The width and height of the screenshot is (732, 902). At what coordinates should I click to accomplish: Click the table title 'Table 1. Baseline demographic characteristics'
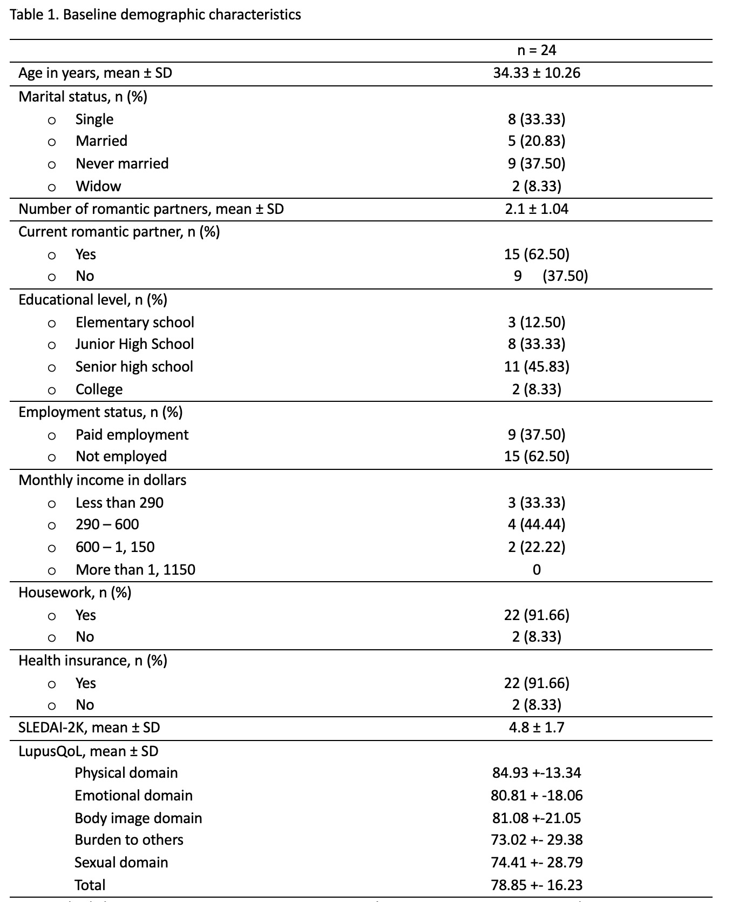[x=155, y=15]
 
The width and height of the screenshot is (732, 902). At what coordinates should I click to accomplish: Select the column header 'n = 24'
[x=536, y=50]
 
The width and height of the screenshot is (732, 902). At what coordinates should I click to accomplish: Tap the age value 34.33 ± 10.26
[x=537, y=73]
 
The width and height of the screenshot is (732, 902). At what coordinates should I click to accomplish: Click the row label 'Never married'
[x=122, y=164]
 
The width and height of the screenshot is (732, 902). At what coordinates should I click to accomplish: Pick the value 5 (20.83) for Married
[x=537, y=141]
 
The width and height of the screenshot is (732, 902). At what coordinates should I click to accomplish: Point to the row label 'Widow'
[x=98, y=186]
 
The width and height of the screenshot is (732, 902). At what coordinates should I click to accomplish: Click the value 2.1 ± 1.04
[x=537, y=209]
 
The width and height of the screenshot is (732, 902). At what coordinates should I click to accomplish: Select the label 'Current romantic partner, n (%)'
[x=119, y=232]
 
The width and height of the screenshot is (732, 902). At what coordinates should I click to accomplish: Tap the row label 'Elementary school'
[x=135, y=322]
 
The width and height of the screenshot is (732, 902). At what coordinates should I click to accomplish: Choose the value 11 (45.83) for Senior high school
[x=537, y=367]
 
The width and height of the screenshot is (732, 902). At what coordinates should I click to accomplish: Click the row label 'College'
[x=99, y=389]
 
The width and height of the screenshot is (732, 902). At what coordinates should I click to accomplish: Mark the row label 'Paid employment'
[x=132, y=435]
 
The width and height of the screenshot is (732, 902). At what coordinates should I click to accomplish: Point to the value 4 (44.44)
[x=537, y=524]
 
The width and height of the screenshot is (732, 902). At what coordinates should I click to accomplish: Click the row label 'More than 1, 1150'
[x=135, y=570]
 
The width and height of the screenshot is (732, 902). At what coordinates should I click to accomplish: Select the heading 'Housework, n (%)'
[x=75, y=593]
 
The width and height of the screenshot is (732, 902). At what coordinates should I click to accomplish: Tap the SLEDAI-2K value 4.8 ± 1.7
[x=537, y=728]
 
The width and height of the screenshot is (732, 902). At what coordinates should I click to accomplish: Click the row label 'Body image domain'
[x=138, y=818]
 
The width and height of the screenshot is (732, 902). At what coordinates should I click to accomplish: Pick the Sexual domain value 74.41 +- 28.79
[x=537, y=863]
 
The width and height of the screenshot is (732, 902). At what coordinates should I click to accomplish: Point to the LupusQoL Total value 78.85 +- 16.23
[x=537, y=885]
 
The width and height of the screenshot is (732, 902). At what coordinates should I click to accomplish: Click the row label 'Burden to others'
[x=129, y=840]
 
